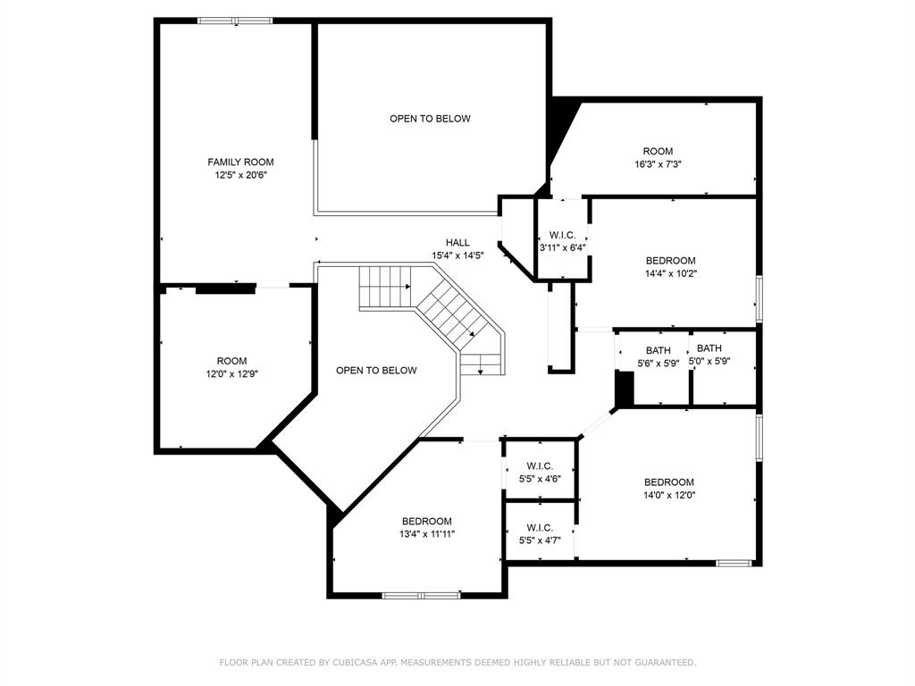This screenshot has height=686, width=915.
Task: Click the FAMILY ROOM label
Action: (x=240, y=163)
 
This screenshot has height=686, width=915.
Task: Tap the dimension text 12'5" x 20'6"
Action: (x=240, y=175)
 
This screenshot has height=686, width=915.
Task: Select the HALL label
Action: (x=457, y=243)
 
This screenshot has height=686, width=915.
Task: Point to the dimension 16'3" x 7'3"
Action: (x=659, y=164)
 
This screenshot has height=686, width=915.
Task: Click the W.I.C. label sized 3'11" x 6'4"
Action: (x=563, y=235)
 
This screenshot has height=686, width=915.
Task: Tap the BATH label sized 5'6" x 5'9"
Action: (x=659, y=350)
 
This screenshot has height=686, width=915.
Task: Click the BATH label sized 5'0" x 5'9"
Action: (x=709, y=348)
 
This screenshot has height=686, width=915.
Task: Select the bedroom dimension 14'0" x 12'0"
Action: (x=669, y=495)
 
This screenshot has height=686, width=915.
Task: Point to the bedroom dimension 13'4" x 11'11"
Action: (x=427, y=534)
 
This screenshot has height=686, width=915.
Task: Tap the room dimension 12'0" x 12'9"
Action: (x=231, y=374)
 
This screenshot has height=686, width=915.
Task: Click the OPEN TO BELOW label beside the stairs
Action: (x=376, y=371)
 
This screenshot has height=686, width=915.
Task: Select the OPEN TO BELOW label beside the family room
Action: (x=430, y=119)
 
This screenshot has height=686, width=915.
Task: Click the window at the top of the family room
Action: (x=235, y=21)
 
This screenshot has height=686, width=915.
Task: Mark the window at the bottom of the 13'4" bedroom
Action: (x=422, y=596)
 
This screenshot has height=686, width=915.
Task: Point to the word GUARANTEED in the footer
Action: (x=666, y=662)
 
